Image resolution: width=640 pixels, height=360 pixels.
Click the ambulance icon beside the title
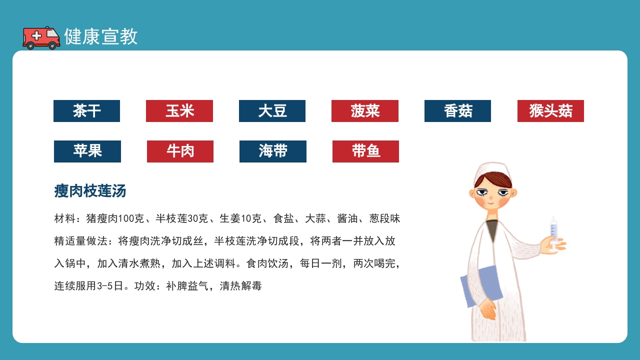[41, 37]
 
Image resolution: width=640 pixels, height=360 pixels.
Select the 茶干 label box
[86, 111]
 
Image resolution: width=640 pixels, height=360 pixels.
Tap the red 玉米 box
[179, 111]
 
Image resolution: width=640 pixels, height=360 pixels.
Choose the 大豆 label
[272, 111]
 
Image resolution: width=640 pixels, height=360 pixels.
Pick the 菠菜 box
[365, 111]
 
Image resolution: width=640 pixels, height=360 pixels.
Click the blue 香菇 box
[457, 111]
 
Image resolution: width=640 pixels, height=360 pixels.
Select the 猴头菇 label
[550, 111]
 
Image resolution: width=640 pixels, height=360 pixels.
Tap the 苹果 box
[87, 151]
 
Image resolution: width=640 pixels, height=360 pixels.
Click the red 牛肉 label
[180, 151]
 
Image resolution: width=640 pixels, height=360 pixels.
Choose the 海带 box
[273, 151]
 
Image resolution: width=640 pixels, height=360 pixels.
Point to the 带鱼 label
[365, 151]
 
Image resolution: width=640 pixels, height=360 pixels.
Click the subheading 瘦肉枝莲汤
[90, 191]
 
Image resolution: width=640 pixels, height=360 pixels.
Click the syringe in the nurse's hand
[553, 231]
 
